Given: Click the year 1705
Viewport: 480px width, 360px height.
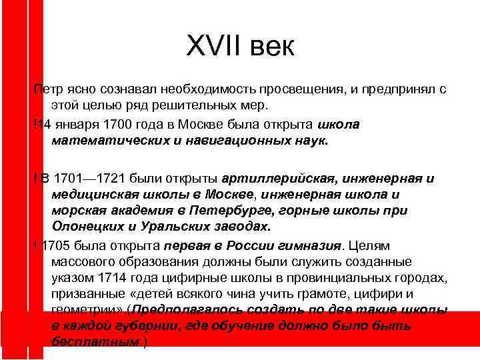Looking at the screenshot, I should pos(56,246).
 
